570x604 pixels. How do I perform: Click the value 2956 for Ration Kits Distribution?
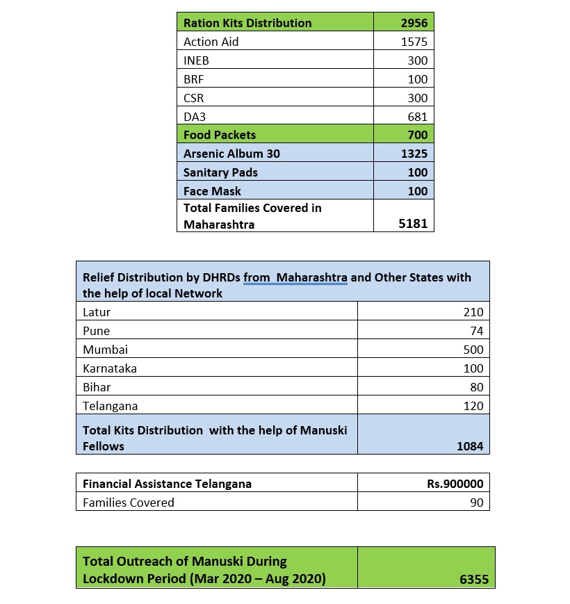point(414,23)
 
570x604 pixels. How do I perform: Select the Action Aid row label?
point(211,42)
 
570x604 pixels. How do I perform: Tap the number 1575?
point(414,42)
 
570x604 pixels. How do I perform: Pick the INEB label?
point(196,60)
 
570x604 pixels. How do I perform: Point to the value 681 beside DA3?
point(417,117)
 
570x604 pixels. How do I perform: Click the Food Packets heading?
point(220,135)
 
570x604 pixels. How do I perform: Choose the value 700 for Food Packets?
point(417,135)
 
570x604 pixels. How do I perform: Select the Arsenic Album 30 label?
point(231,154)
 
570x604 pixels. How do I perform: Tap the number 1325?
point(414,154)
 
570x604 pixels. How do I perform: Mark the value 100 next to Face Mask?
point(417,191)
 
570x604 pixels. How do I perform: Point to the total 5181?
point(414,225)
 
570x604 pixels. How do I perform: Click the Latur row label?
point(97,312)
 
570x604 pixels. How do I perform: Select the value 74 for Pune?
point(476,331)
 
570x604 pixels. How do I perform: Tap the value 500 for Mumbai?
point(473,350)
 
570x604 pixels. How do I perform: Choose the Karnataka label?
point(110,368)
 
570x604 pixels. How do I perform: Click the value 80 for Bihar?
point(476,387)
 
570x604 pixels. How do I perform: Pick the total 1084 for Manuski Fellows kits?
point(469,446)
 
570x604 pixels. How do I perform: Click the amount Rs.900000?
point(455,484)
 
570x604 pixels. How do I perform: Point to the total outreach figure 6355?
point(474,578)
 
